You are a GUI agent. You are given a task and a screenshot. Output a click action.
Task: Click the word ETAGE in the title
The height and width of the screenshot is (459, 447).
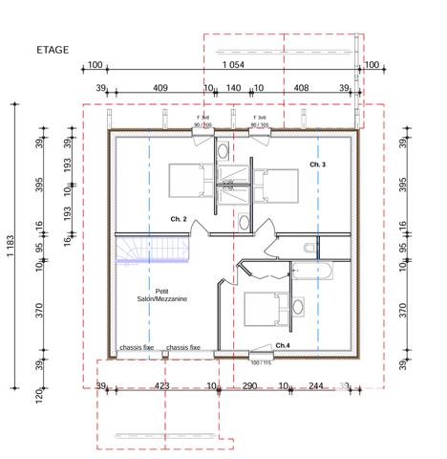[x=52, y=49]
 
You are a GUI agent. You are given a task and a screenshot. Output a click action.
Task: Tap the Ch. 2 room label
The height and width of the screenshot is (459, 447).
[x=179, y=219]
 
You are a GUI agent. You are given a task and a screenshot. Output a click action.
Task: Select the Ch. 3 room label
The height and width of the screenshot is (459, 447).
[x=317, y=165]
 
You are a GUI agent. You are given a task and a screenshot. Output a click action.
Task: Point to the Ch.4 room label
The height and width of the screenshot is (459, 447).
[x=282, y=344]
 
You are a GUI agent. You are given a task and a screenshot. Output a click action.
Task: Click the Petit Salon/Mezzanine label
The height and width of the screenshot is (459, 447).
[x=161, y=295]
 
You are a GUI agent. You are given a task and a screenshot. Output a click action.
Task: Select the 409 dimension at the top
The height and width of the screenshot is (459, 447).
[x=160, y=88]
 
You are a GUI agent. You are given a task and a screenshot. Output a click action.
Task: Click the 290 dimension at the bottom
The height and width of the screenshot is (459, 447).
[x=249, y=385]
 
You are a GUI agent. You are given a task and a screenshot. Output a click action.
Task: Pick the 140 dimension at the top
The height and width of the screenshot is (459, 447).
[x=232, y=88]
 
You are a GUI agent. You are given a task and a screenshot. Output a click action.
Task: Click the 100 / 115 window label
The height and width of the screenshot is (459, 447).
[x=260, y=361]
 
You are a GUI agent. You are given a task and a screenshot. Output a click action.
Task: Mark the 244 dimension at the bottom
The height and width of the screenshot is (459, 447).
[x=315, y=385]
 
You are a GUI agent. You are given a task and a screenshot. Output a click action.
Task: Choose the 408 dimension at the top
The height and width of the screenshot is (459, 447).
[x=301, y=88]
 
